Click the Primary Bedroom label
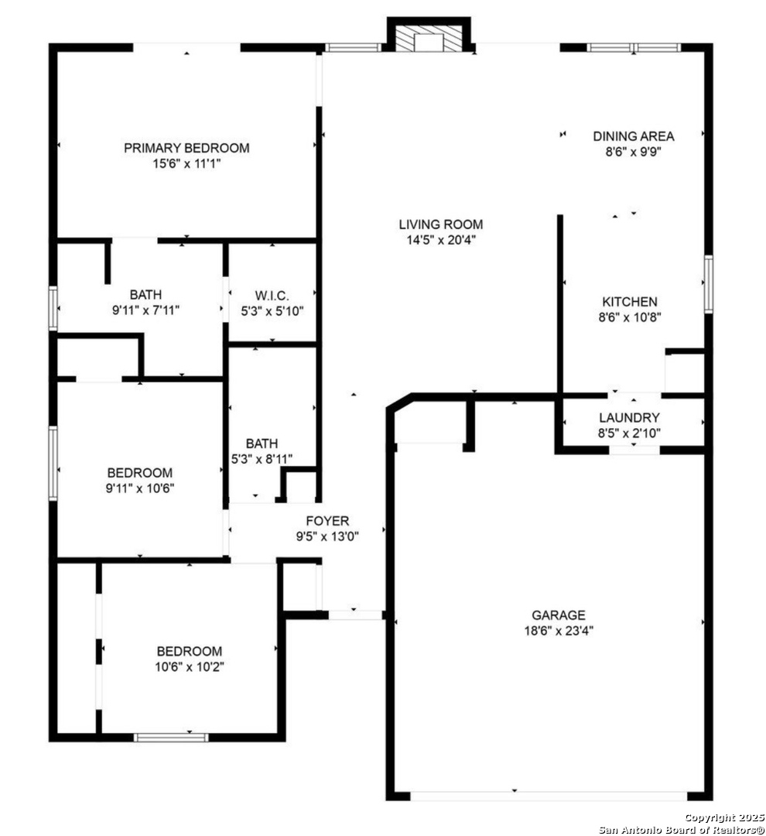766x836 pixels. click(x=186, y=148)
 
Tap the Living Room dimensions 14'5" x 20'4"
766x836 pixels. click(x=441, y=240)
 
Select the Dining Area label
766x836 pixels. click(x=633, y=136)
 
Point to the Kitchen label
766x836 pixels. click(x=630, y=301)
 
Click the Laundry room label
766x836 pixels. click(x=629, y=417)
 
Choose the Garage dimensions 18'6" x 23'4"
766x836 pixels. click(x=559, y=631)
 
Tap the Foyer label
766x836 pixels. click(x=327, y=520)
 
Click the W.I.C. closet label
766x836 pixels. click(x=272, y=296)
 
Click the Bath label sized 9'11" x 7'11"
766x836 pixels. click(x=145, y=294)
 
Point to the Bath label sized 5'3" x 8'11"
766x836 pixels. click(x=262, y=443)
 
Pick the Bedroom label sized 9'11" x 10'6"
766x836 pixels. click(x=140, y=472)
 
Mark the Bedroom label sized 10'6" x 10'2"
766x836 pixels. click(x=190, y=651)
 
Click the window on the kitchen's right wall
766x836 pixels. click(x=709, y=284)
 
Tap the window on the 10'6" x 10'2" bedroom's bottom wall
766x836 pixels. click(x=170, y=738)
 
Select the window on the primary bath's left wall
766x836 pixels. click(x=53, y=308)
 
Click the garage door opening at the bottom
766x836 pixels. click(x=549, y=796)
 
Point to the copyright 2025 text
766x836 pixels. click(x=724, y=818)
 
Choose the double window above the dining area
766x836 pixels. click(x=633, y=47)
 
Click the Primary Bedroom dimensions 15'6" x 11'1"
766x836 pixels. click(x=186, y=163)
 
